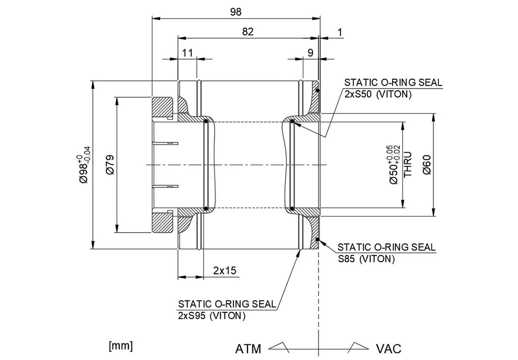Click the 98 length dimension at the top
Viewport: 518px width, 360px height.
(x=235, y=12)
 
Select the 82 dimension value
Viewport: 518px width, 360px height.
(x=248, y=32)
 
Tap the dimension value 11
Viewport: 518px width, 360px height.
(x=188, y=53)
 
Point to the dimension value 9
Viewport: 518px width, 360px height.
(x=310, y=53)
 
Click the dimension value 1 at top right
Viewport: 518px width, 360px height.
(x=339, y=32)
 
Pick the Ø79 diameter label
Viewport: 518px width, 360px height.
(x=109, y=165)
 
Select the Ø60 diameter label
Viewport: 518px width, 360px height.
(x=427, y=165)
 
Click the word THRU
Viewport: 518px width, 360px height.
(x=409, y=165)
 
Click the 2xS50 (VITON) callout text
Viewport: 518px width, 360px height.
(x=378, y=94)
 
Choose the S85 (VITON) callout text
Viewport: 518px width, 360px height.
(x=366, y=259)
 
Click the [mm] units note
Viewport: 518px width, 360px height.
(x=121, y=346)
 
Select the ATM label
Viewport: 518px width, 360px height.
(x=249, y=349)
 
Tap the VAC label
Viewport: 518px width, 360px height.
(x=389, y=349)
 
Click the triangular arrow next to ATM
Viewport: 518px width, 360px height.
(x=280, y=346)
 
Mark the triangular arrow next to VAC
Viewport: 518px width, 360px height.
(x=358, y=346)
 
